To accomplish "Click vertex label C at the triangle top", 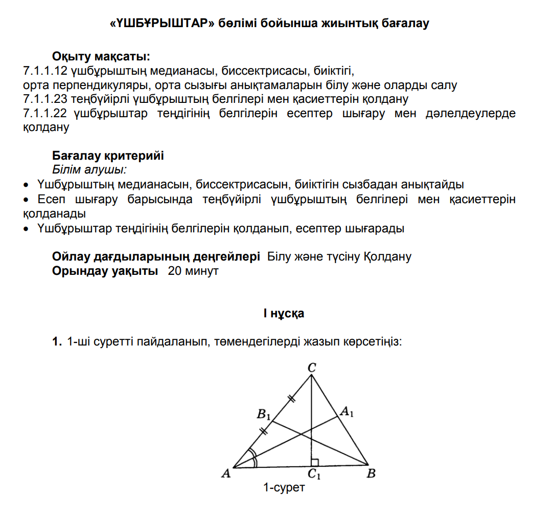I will pos(312,367).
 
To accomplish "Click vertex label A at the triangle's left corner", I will pos(225,474).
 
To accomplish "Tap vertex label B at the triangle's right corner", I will pos(372,474).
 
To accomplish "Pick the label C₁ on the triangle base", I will pos(314,475).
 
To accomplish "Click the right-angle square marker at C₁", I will pos(315,463).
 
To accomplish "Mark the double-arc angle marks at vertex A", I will pos(251,458).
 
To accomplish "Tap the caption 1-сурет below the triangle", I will pos(284,488).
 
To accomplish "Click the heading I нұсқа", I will pos(284,313).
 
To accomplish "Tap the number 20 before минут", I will pos(174,271).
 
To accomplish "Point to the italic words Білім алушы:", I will pos(89,169).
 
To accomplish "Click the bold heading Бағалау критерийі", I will pos(108,155).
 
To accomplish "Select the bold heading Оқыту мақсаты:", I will pos(101,56).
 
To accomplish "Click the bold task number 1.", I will pos(57,341).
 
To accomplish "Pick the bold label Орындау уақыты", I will pos(105,271).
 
